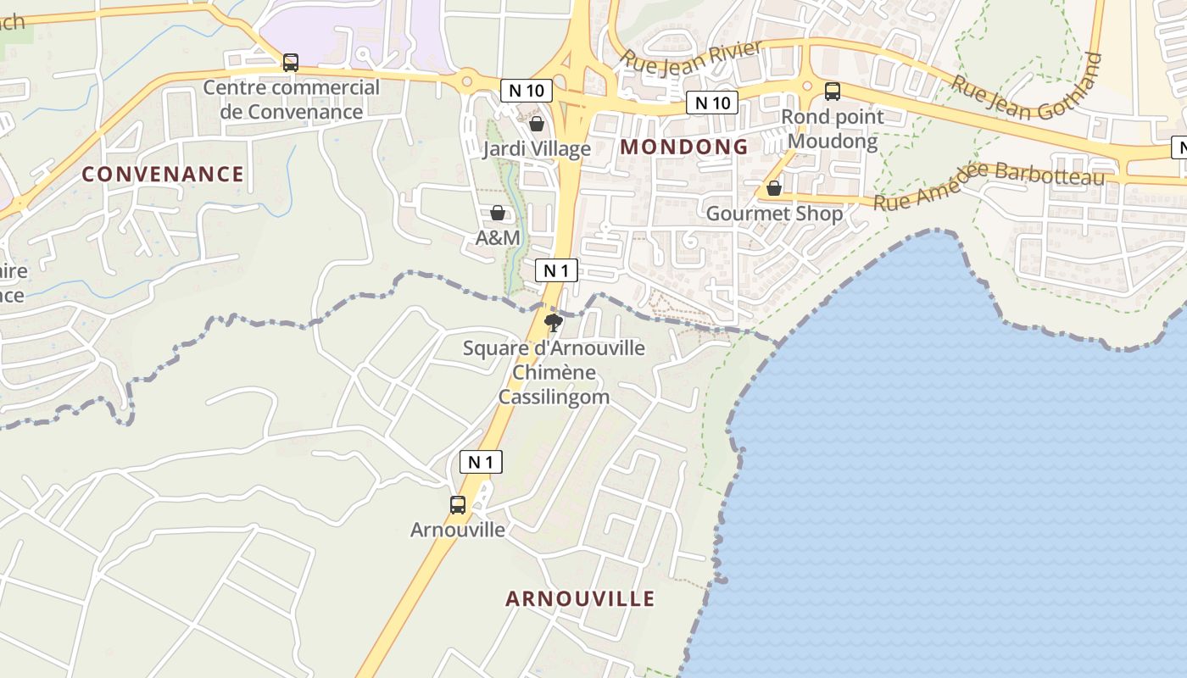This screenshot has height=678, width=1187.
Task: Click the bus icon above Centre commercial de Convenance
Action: click(290, 63)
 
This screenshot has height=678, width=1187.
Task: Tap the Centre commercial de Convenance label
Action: click(292, 99)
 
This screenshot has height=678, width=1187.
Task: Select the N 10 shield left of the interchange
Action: click(526, 90)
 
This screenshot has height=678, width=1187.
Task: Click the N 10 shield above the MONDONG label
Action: click(712, 103)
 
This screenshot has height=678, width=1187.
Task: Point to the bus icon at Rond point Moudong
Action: click(833, 92)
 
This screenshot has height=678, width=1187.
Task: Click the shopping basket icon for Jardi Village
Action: click(537, 125)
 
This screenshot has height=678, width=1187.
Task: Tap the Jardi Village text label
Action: click(537, 149)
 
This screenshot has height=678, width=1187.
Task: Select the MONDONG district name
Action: click(684, 147)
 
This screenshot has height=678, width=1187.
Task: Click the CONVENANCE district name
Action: click(163, 175)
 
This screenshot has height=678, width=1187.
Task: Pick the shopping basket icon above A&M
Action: click(498, 213)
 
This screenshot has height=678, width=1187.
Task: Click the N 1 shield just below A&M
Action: click(556, 270)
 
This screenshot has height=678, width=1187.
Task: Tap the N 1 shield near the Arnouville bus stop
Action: click(481, 462)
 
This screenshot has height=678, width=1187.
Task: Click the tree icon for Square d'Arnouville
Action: click(554, 323)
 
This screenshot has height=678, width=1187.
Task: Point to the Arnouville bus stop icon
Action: click(458, 505)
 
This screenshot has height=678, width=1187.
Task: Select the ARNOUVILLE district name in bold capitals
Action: click(581, 598)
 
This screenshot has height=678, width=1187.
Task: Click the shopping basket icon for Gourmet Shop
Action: click(774, 188)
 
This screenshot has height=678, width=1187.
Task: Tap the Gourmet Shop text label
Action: click(774, 214)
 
